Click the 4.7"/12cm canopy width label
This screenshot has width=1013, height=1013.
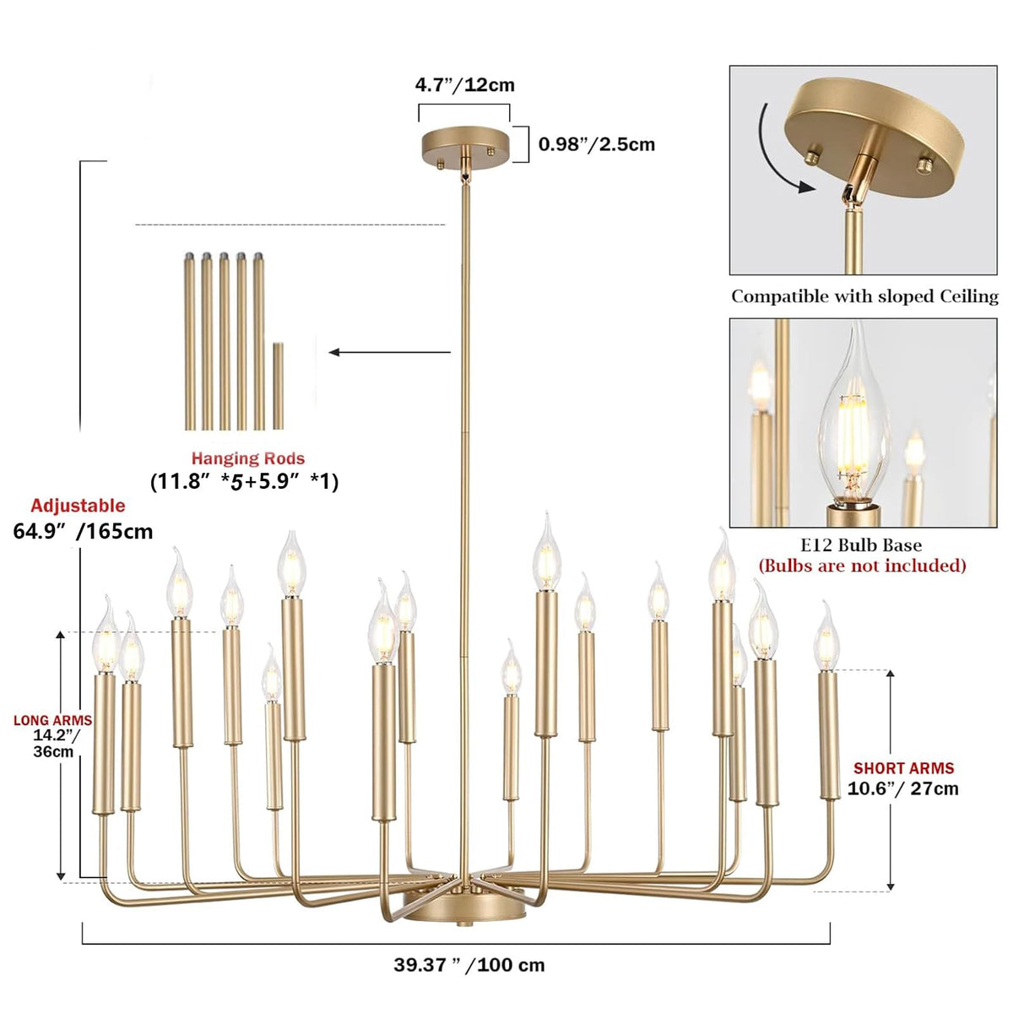(x=464, y=85)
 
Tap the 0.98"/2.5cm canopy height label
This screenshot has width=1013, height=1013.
(x=597, y=144)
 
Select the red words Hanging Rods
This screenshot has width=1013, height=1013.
(x=247, y=458)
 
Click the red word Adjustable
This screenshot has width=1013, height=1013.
(x=78, y=506)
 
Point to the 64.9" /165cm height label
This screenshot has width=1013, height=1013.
(x=84, y=531)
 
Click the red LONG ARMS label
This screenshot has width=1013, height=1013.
(x=52, y=720)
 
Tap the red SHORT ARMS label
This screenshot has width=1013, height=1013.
(x=903, y=768)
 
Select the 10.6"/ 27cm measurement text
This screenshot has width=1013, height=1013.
(x=903, y=789)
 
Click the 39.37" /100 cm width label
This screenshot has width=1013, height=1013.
(x=469, y=965)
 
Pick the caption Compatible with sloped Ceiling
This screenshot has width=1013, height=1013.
(x=864, y=296)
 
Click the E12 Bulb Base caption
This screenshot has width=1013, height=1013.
(x=861, y=545)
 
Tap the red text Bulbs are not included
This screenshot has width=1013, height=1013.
(x=862, y=566)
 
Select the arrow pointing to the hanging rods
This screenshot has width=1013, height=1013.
(x=390, y=352)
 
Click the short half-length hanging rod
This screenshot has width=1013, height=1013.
(x=278, y=386)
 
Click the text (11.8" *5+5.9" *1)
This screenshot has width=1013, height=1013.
(x=245, y=482)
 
